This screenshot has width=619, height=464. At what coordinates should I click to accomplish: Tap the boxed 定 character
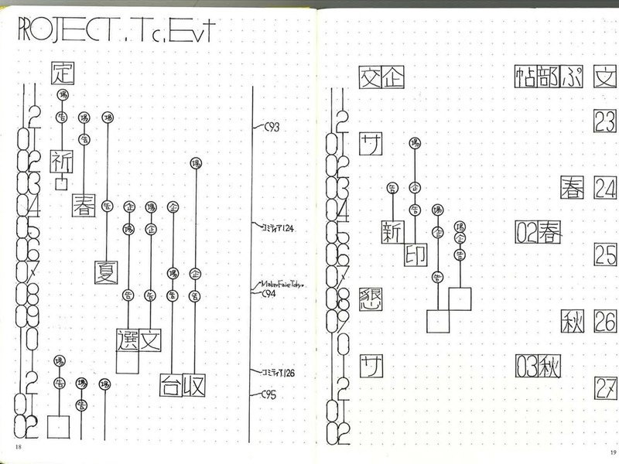[60, 73]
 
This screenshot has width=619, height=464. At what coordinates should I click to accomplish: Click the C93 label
[272, 128]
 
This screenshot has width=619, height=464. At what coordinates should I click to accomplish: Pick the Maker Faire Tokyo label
[284, 285]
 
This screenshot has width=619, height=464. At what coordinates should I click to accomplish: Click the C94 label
[270, 294]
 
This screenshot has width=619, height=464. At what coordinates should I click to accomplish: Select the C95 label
[268, 394]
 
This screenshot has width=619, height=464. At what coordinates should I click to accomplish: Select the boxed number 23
[605, 121]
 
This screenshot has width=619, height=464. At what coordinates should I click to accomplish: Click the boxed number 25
[605, 254]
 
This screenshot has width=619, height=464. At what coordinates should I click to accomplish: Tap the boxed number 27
[605, 387]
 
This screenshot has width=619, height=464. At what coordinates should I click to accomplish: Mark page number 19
[612, 452]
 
